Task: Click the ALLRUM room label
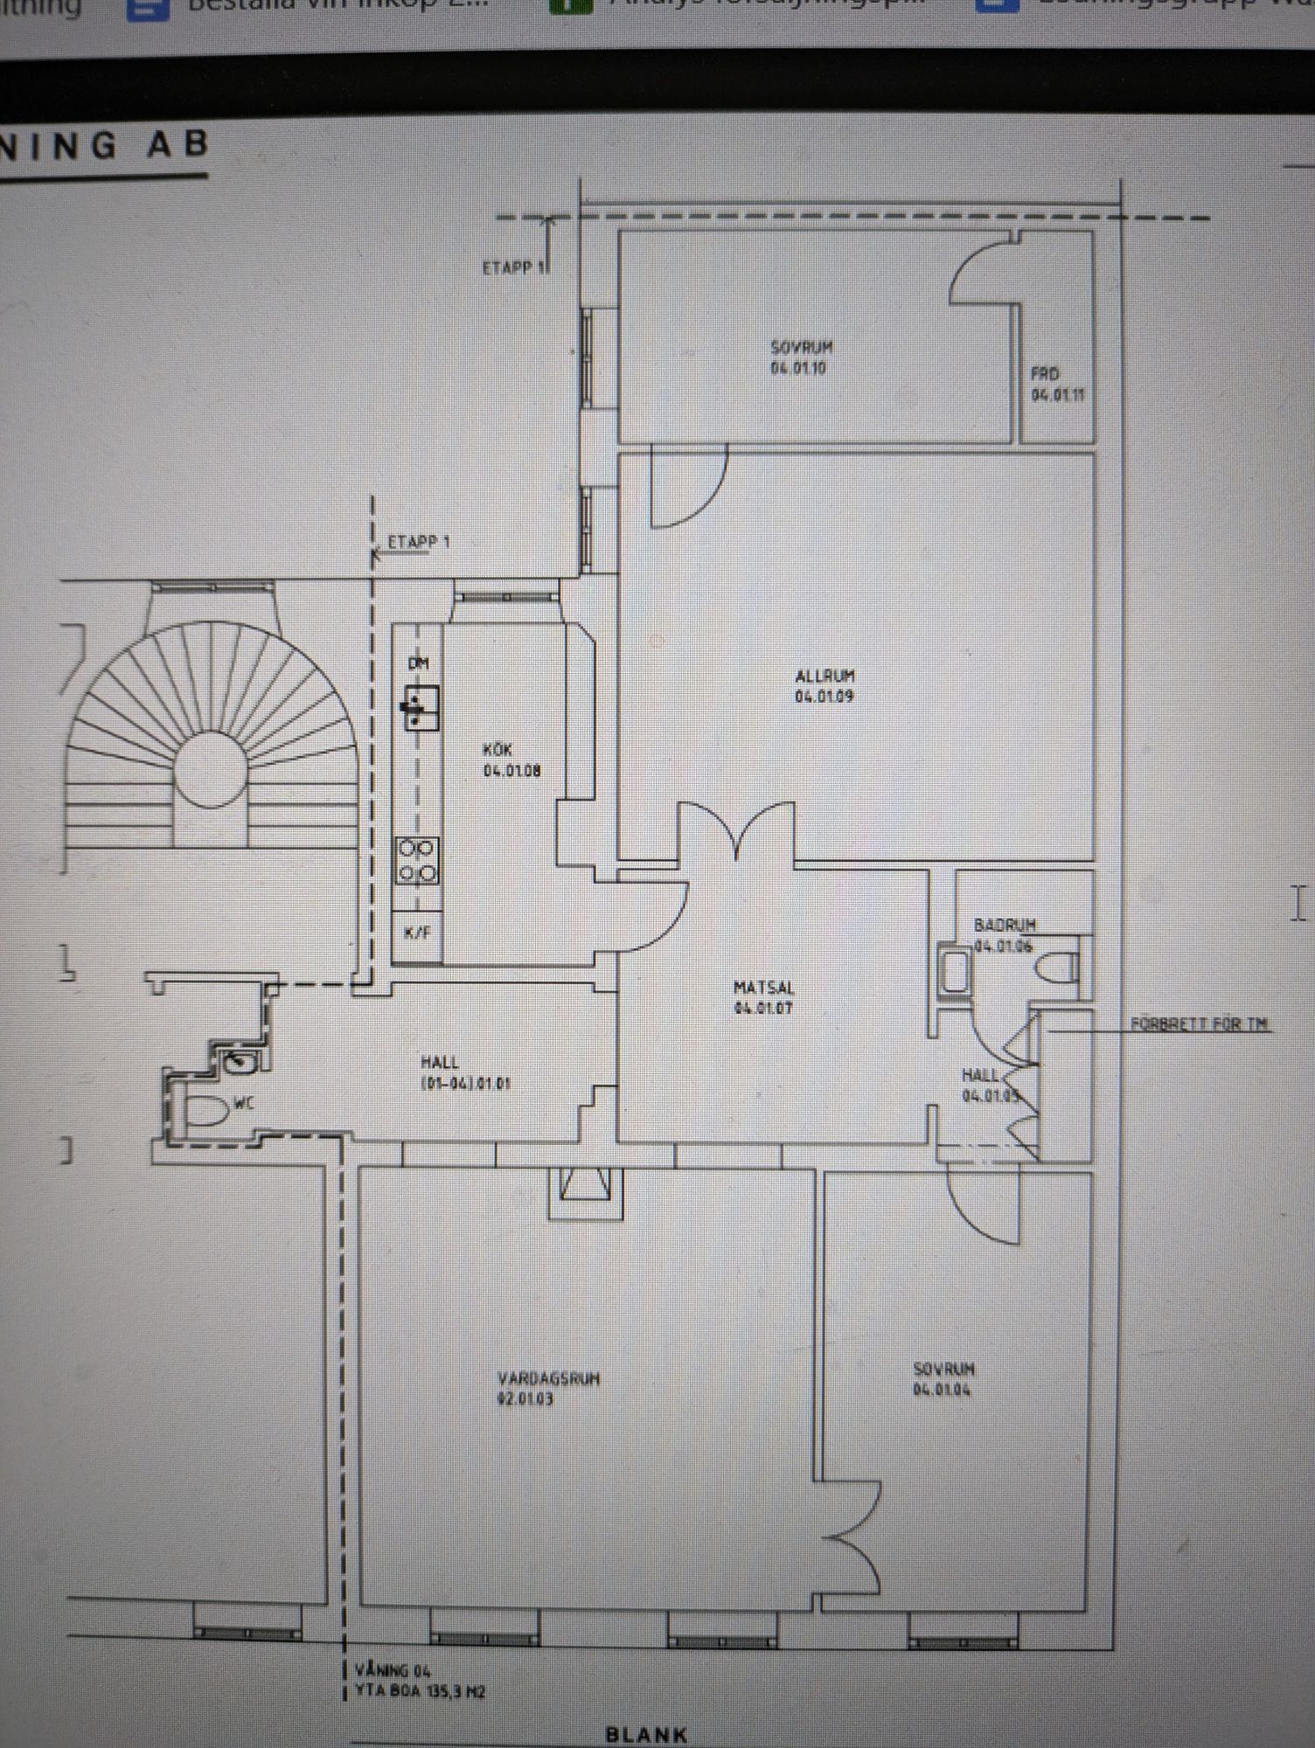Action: [824, 676]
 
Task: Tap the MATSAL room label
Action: [763, 988]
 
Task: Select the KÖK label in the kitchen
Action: [497, 750]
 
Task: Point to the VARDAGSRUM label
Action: [548, 1378]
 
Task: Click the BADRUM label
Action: [1005, 925]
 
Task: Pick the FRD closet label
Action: [1045, 374]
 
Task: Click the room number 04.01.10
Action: [798, 368]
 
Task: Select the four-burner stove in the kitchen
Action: [417, 860]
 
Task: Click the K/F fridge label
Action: [417, 933]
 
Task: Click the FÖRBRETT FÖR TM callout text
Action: [1200, 1023]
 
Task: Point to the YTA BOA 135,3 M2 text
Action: [420, 1692]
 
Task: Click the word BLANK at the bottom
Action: [646, 1734]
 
